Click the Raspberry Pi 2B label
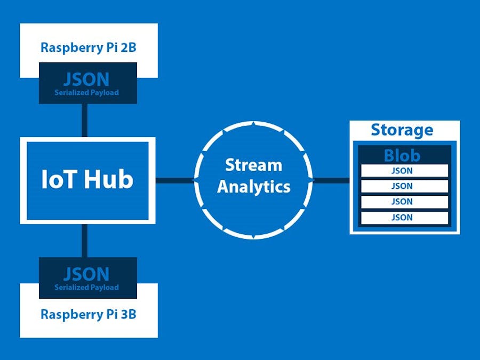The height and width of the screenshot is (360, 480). [x=89, y=47]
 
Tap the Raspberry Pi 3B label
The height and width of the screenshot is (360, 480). [x=89, y=314]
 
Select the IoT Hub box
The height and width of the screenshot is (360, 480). [x=87, y=180]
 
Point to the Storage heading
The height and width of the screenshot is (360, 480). [x=402, y=130]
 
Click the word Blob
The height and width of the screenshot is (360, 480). [x=402, y=156]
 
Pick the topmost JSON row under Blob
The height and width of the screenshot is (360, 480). [x=404, y=171]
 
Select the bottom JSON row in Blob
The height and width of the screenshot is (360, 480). [x=404, y=218]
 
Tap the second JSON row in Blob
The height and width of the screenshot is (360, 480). [x=404, y=186]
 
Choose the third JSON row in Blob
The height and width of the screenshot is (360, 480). [x=404, y=202]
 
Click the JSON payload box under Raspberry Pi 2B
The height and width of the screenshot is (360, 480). [x=88, y=83]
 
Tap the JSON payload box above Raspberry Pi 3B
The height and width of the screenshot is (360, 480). [x=88, y=277]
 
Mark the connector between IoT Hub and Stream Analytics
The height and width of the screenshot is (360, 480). [x=174, y=180]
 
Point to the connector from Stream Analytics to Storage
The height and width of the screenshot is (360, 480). [x=332, y=180]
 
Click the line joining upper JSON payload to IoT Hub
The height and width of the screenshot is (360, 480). [x=84, y=120]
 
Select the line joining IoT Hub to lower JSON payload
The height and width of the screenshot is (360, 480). [x=84, y=241]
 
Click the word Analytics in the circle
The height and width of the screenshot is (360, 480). [x=254, y=187]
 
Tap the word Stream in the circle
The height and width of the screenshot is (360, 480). [x=253, y=165]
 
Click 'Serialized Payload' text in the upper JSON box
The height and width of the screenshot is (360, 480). [x=87, y=93]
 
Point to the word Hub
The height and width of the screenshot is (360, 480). [x=110, y=180]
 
